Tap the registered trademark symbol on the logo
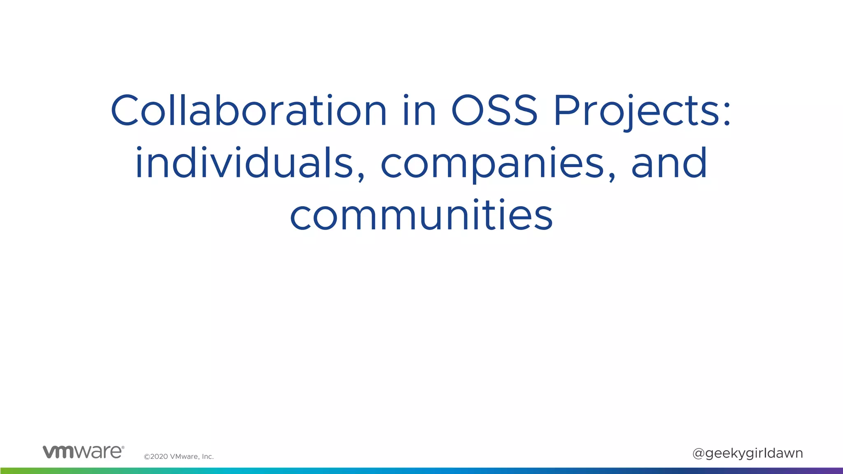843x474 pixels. click(123, 447)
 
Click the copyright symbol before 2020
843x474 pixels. click(147, 457)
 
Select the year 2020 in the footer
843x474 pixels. click(159, 457)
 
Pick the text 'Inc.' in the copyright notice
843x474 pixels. click(207, 457)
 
